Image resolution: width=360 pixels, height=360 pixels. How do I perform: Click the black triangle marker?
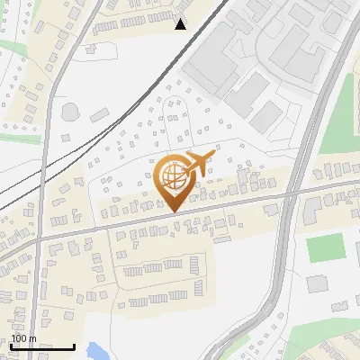(181, 24)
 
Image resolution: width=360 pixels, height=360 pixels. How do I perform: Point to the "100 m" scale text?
(24, 338)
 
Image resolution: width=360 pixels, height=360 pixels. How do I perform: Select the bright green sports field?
(325, 247)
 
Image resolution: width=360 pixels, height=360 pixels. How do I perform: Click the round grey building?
(69, 112)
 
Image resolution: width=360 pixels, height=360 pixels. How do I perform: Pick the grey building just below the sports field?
(318, 283)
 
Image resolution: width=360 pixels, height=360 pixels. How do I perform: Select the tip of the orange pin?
(172, 211)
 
